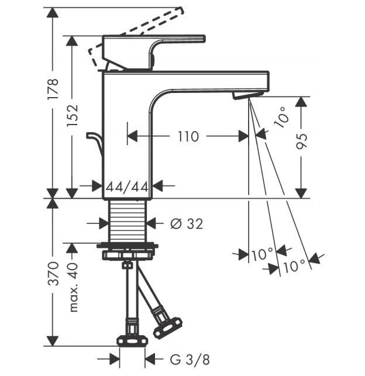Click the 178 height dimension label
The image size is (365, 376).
tap(53, 89)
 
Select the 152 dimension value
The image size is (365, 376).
tap(72, 116)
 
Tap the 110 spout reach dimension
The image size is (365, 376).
tap(188, 136)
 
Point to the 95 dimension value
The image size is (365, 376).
tap(301, 141)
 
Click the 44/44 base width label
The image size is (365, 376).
tap(127, 187)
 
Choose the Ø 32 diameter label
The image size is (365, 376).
tap(187, 224)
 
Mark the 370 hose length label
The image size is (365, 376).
tap(53, 274)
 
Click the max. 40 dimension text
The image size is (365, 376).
tap(73, 287)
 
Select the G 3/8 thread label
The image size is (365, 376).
tap(190, 360)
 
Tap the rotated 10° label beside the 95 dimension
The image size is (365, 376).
tap(281, 118)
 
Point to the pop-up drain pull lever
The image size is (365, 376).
tap(94, 143)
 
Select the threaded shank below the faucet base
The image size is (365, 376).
tap(127, 221)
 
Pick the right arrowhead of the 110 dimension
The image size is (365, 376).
tap(243, 136)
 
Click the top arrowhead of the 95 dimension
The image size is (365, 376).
tap(301, 102)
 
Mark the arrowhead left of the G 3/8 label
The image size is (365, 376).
tap(115, 359)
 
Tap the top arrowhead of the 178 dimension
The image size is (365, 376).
tap(53, 12)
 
